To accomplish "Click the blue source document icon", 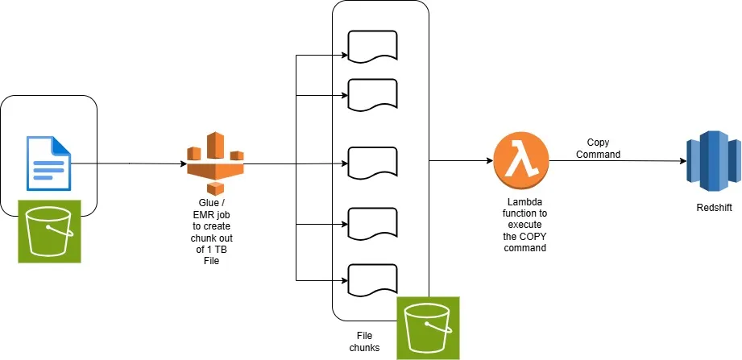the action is (x=48, y=163).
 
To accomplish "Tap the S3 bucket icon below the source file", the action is (x=50, y=231).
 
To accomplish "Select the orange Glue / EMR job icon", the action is (x=215, y=163).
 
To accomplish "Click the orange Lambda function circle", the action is (x=521, y=160).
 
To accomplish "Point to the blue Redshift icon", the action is (x=714, y=161).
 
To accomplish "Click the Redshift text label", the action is (x=714, y=208).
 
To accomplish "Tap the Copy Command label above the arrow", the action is (x=598, y=148).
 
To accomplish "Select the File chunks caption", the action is (x=364, y=341).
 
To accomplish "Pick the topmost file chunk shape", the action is (x=372, y=46).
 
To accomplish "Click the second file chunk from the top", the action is (x=372, y=94).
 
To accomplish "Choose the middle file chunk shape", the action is (x=372, y=163).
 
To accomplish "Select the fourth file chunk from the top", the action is (x=372, y=223).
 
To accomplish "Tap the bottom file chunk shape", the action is (x=372, y=279).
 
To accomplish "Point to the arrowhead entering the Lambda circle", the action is (x=490, y=161).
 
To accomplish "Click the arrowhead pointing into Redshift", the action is (x=683, y=161).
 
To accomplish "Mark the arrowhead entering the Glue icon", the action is (x=183, y=164).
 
